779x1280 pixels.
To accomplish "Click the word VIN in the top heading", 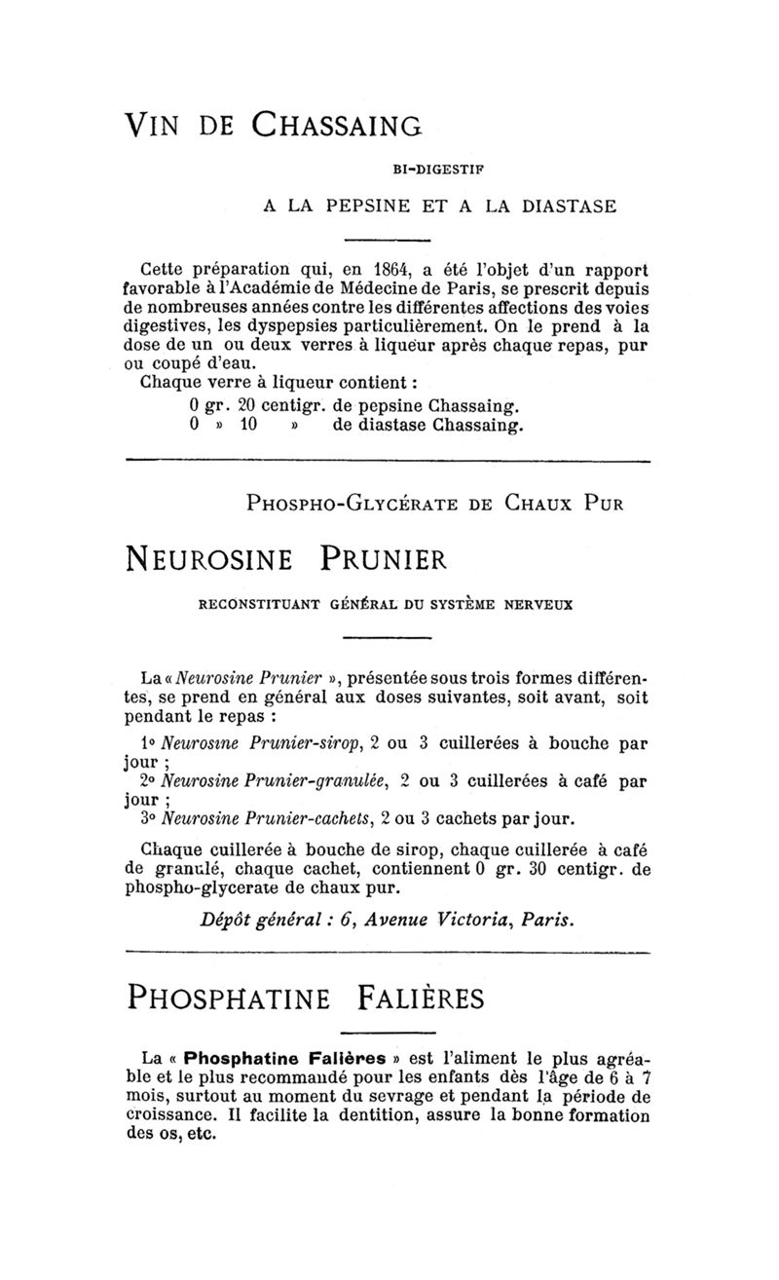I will pyautogui.click(x=159, y=128).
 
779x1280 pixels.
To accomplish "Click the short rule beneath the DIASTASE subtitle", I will pyautogui.click(x=388, y=240).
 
